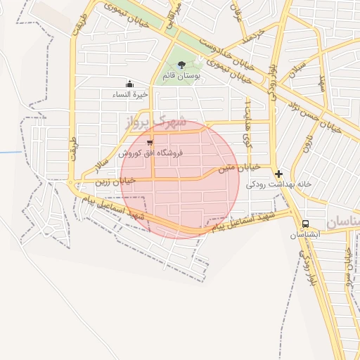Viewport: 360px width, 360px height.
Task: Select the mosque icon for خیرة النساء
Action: (x=129, y=84)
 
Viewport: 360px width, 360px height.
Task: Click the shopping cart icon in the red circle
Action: (x=150, y=142)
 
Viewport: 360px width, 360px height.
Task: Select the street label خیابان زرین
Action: (x=115, y=181)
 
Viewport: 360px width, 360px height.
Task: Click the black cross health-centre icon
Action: (x=279, y=174)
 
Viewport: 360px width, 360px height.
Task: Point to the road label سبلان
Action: (x=298, y=73)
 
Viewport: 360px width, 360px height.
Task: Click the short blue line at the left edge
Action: (x=10, y=152)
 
